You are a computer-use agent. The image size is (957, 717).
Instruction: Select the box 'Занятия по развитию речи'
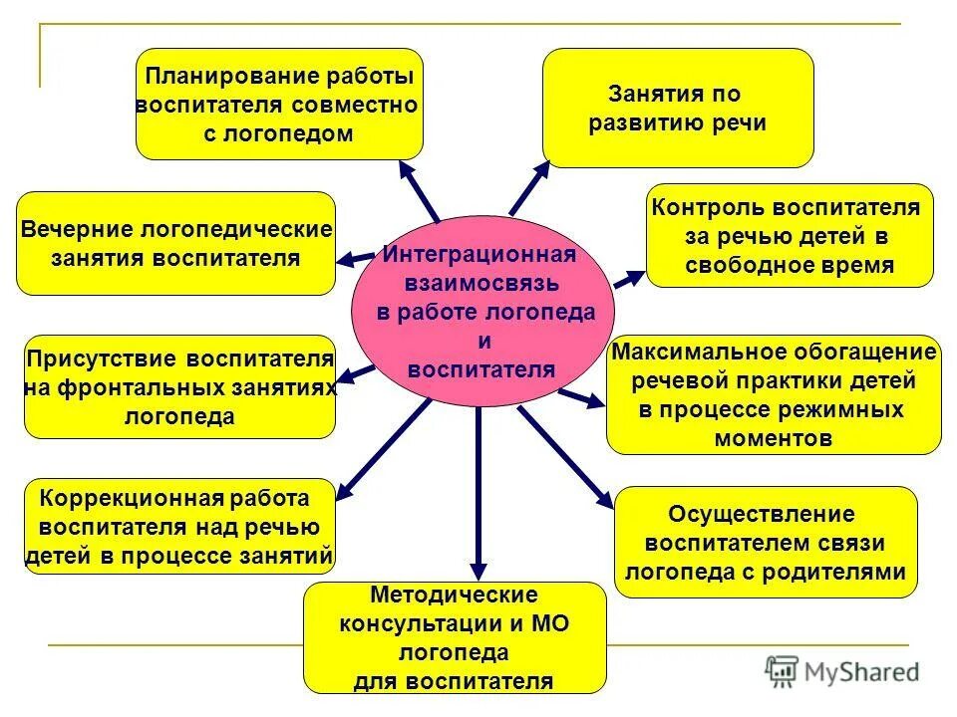coord(678,108)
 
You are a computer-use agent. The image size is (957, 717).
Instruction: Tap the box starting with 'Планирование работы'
coord(279,104)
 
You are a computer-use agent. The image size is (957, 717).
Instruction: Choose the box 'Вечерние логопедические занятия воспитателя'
coord(176,243)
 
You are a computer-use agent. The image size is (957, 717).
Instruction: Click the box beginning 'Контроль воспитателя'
coord(790,236)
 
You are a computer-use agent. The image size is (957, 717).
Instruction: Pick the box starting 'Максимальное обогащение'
coord(774,394)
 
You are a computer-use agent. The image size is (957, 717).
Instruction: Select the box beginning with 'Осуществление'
coord(766,542)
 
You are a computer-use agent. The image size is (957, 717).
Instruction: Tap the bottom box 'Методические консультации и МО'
coord(455,637)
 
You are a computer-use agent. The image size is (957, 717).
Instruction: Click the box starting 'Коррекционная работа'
coord(179,526)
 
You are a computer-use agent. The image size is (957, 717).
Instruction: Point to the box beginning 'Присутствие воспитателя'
coord(179,386)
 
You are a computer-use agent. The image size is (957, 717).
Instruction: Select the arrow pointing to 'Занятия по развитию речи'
coord(529,186)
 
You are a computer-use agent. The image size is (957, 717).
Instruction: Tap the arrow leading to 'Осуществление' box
coord(565,454)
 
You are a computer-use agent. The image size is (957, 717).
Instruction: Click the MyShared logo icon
coord(783,671)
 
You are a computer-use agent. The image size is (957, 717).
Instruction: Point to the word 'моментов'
coord(775,438)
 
